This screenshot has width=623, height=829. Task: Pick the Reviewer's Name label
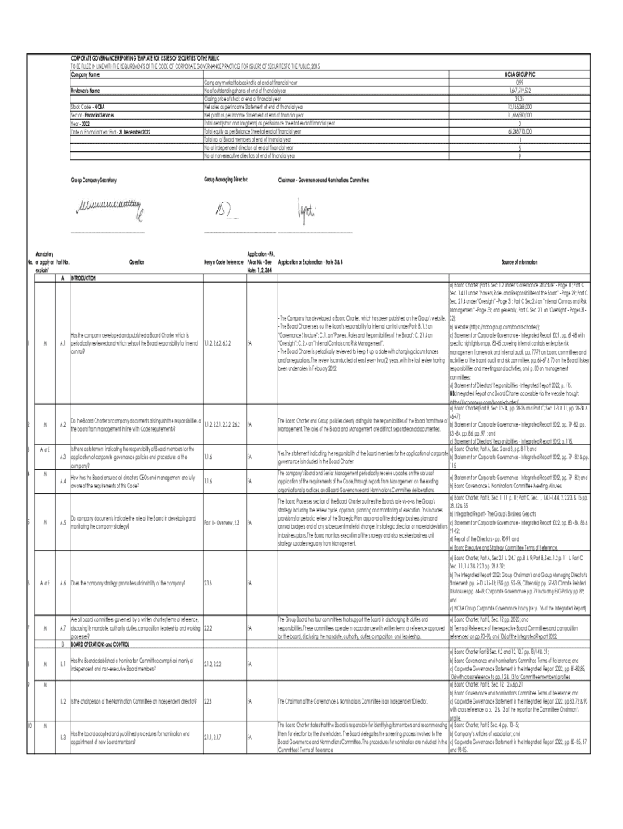(84, 91)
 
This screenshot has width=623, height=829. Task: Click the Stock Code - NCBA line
(88, 106)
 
